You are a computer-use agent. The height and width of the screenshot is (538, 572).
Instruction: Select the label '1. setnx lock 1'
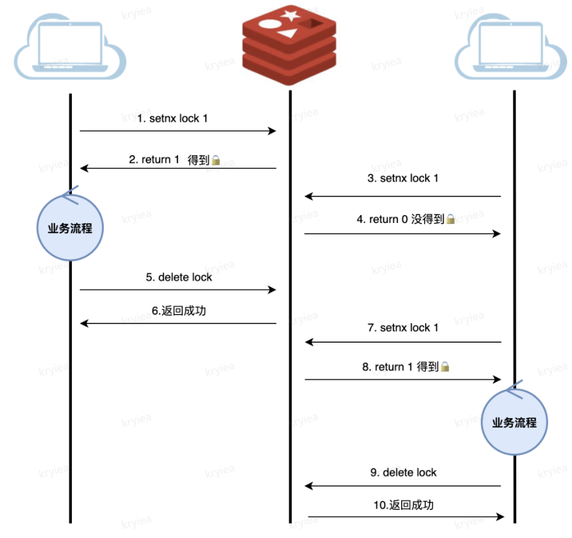[173, 119]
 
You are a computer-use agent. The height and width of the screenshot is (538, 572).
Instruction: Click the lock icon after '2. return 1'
[216, 161]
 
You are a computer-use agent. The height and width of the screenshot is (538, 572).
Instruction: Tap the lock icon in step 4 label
[451, 220]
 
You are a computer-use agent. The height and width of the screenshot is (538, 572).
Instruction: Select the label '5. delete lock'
[179, 277]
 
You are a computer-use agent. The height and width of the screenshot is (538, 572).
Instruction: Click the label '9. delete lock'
[404, 472]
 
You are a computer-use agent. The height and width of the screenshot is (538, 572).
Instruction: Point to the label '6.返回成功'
[179, 311]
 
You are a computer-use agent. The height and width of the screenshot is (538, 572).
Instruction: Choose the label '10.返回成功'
[403, 505]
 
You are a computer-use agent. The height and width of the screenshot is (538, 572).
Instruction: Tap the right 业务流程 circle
[514, 422]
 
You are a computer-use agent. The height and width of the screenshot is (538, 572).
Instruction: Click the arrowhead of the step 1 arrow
[272, 131]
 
